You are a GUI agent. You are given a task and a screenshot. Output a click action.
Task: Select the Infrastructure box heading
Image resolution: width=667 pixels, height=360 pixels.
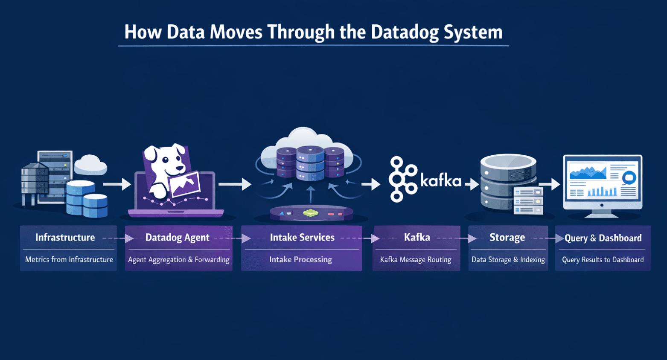[x=65, y=238]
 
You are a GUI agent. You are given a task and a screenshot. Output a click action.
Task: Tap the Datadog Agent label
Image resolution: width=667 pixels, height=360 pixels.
[x=177, y=238]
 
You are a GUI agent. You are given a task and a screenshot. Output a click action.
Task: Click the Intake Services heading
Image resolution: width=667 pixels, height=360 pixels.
[x=302, y=238]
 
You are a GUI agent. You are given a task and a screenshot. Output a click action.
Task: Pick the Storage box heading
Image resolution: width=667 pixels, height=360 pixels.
[x=507, y=238]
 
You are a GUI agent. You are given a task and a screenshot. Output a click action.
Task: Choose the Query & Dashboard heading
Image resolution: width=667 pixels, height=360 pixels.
[x=603, y=238]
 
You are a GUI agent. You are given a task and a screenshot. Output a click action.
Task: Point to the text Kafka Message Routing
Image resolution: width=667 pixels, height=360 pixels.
[x=416, y=259]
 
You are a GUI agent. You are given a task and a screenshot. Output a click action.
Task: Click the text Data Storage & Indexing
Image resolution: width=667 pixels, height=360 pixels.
[x=508, y=259]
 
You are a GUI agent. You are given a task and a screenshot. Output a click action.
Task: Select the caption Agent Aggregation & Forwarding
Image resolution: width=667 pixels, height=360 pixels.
[x=178, y=259]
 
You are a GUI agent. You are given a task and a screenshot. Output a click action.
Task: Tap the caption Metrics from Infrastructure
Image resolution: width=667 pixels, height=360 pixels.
[x=69, y=259]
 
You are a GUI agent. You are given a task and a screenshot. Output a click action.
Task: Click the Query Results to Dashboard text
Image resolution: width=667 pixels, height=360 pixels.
[x=603, y=259]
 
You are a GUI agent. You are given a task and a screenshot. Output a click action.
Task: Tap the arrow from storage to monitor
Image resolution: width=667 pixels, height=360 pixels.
[x=550, y=184]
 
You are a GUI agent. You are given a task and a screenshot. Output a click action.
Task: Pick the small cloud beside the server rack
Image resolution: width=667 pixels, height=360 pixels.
[x=90, y=165]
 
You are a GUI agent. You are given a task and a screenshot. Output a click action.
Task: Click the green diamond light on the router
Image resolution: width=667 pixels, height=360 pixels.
[x=311, y=213]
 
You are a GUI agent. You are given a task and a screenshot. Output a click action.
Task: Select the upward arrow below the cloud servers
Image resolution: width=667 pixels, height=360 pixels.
[x=311, y=195]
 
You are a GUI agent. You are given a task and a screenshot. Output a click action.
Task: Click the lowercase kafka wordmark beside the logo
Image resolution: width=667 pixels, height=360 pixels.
[x=440, y=180]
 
